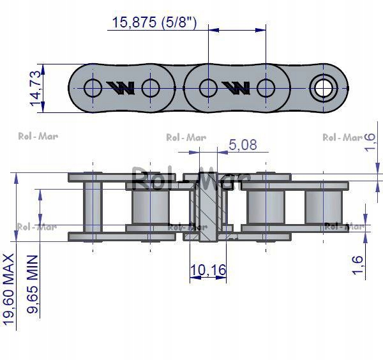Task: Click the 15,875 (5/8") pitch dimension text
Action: [x=154, y=24]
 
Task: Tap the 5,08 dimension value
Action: [x=243, y=145]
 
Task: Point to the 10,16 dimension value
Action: [x=208, y=271]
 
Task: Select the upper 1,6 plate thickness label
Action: [x=368, y=144]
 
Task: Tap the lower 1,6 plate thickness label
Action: [x=358, y=264]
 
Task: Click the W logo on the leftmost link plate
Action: [x=121, y=87]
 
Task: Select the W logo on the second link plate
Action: [x=236, y=87]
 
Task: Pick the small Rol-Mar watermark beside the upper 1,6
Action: [x=342, y=137]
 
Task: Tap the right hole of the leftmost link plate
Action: [x=151, y=87]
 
